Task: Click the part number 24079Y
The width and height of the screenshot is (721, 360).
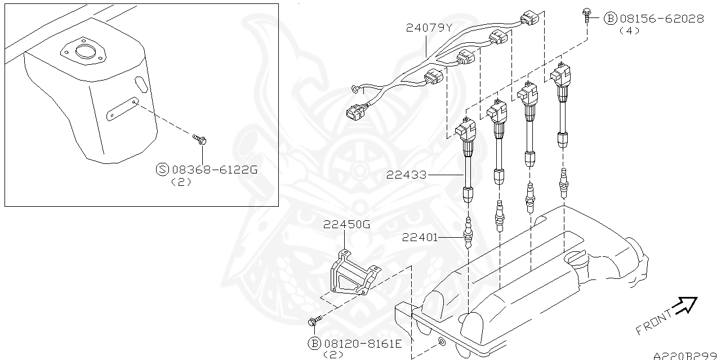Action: click(x=429, y=27)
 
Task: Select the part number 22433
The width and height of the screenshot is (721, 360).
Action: click(x=406, y=175)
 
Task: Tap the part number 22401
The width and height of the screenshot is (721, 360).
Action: click(x=420, y=237)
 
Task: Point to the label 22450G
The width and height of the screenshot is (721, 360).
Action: click(x=346, y=225)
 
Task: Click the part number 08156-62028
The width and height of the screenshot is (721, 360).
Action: click(x=661, y=19)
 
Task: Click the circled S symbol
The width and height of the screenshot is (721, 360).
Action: click(x=162, y=169)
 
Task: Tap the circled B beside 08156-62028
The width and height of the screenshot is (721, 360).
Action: click(x=610, y=19)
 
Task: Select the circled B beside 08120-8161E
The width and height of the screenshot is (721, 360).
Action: click(x=314, y=343)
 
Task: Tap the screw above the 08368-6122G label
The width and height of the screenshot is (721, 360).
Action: click(x=199, y=137)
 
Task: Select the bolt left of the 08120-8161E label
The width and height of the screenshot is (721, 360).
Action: click(x=314, y=321)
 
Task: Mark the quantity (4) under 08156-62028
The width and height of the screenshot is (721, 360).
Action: click(x=629, y=31)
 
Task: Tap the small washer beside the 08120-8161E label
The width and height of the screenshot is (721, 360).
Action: click(x=441, y=342)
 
